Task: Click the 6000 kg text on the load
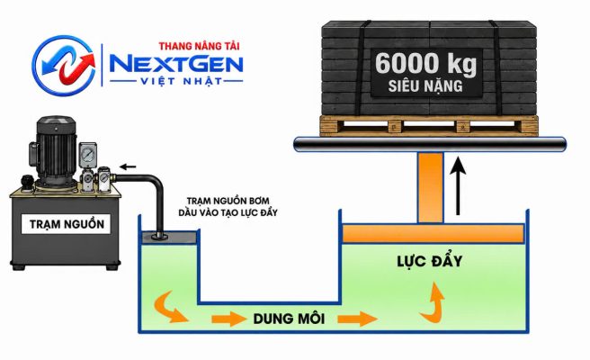click(425, 64)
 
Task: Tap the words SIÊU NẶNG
click(425, 86)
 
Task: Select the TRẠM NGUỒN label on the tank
click(67, 224)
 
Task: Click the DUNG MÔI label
click(289, 319)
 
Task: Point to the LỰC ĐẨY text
click(430, 261)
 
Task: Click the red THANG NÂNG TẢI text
click(199, 46)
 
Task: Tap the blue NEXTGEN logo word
click(176, 65)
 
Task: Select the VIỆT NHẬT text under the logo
click(176, 81)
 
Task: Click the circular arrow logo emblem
click(64, 65)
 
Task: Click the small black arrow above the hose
click(128, 166)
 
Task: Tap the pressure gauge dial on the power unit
click(87, 155)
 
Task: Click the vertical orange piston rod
click(431, 188)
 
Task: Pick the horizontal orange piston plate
click(434, 233)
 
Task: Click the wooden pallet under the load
click(429, 125)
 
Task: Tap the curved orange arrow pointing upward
click(433, 303)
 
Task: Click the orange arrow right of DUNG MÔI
click(357, 319)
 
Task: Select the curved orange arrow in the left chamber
click(171, 306)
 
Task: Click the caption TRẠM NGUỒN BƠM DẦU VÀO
click(228, 207)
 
